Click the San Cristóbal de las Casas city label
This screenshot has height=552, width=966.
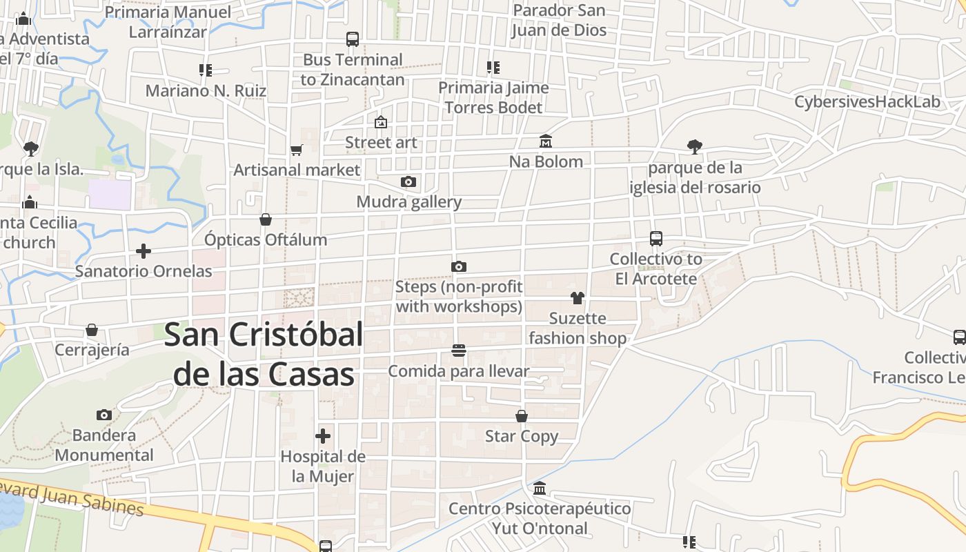tap(264, 355)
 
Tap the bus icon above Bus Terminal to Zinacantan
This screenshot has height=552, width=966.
tap(353, 39)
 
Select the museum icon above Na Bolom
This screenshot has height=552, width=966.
tap(546, 141)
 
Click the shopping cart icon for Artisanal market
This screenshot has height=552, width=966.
tap(297, 150)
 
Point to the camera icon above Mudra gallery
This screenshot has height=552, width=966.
tap(408, 182)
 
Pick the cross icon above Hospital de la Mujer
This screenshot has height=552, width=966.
tap(323, 436)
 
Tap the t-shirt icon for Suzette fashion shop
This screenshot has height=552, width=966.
tap(578, 298)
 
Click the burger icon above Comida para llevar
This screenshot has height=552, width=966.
tap(459, 351)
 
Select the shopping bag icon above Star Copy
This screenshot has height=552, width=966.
tap(522, 416)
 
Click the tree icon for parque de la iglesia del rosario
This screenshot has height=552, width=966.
tap(695, 146)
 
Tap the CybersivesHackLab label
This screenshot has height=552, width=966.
tap(867, 102)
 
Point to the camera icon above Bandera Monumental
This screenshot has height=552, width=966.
tap(104, 415)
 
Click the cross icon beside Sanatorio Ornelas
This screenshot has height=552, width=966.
tap(144, 250)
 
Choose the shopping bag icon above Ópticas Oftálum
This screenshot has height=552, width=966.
tap(266, 219)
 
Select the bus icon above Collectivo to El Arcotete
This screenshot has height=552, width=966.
tap(656, 239)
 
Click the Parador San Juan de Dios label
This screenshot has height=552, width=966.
tap(560, 20)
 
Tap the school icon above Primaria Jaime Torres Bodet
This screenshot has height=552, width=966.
tap(493, 68)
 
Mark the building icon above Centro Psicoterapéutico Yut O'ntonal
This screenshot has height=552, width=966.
tap(540, 488)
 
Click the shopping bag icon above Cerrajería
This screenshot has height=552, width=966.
tap(92, 330)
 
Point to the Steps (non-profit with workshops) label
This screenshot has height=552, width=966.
tap(459, 296)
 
